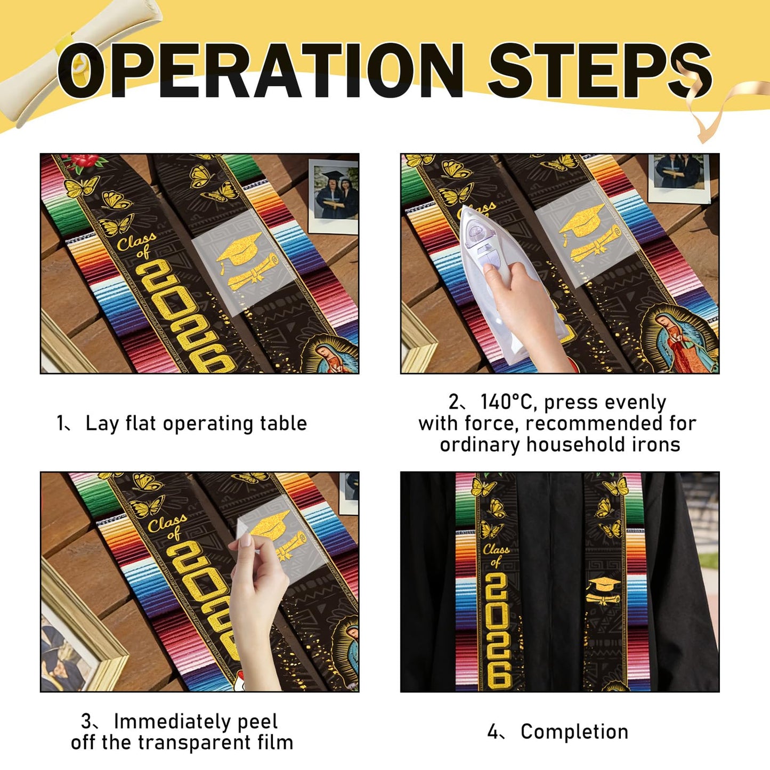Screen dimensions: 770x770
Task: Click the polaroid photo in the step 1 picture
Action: point(333,197)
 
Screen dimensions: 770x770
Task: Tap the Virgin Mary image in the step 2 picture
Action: point(683,339)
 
